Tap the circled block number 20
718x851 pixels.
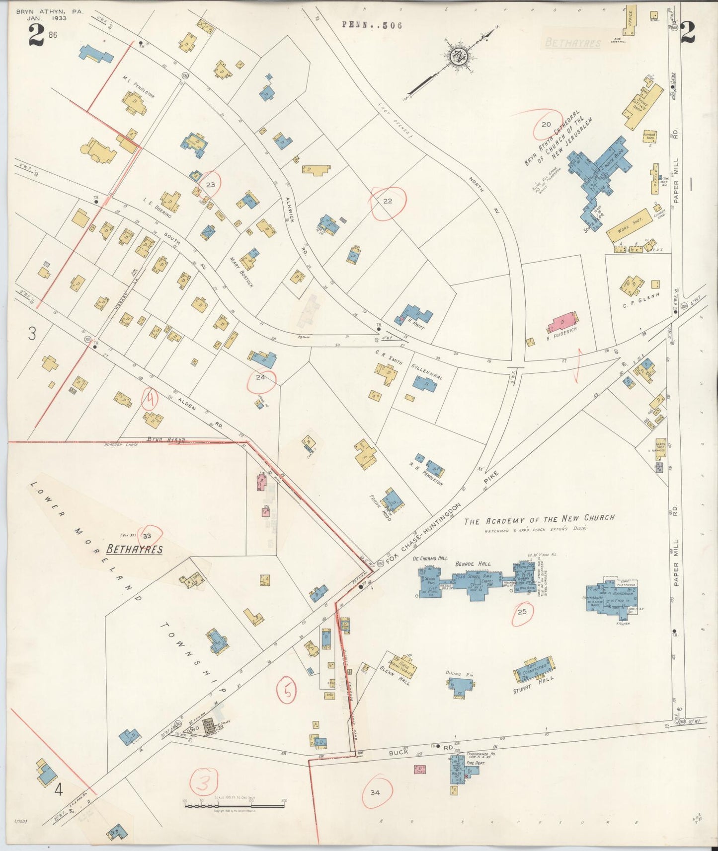546,125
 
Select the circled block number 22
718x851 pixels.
388,201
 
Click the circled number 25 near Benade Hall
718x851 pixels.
522,612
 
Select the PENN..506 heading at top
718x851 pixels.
372,25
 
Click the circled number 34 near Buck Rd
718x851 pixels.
375,792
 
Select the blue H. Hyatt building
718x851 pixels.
417,315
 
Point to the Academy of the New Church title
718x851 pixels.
539,519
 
